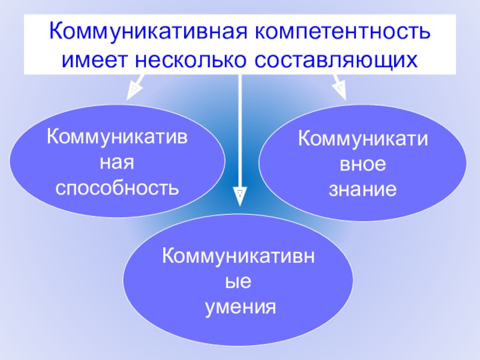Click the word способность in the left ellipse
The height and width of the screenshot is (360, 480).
(118, 188)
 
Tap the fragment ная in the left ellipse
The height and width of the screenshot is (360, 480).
(118, 163)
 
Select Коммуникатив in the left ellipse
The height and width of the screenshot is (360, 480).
(118, 139)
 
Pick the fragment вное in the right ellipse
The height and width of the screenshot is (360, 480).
(362, 165)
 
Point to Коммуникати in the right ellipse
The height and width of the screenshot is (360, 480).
(362, 140)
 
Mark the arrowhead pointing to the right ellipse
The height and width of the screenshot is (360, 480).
(340, 89)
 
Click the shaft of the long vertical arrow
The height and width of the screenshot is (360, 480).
(240, 132)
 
